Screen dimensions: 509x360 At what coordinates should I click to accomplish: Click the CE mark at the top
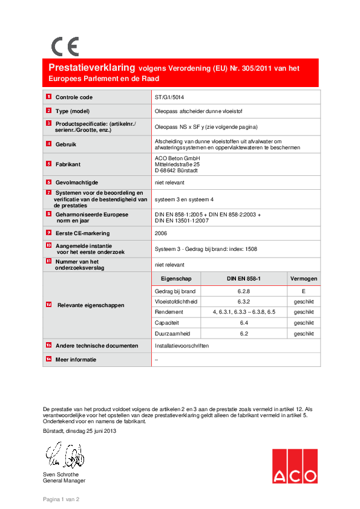pyautogui.click(x=65, y=47)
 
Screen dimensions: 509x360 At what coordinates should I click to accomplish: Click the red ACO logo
pyautogui.click(x=294, y=466)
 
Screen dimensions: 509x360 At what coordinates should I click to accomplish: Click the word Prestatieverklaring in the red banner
pyautogui.click(x=92, y=68)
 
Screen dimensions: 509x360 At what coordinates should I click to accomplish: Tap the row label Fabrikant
pyautogui.click(x=68, y=164)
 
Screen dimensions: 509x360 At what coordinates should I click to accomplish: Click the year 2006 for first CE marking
pyautogui.click(x=162, y=232)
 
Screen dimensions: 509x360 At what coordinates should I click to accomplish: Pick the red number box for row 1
pyautogui.click(x=48, y=97)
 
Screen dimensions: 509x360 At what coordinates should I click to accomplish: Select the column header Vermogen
pyautogui.click(x=304, y=279)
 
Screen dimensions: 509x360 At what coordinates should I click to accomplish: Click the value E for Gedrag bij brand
pyautogui.click(x=304, y=291)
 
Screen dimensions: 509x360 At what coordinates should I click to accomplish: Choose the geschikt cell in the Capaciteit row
pyautogui.click(x=304, y=323)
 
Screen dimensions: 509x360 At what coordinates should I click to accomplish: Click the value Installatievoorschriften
pyautogui.click(x=182, y=346)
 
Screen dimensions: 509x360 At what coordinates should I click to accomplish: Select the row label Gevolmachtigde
pyautogui.click(x=76, y=182)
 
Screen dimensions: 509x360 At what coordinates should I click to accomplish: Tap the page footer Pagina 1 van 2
pyautogui.click(x=61, y=499)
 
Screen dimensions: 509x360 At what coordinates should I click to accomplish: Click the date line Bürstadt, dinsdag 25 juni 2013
pyautogui.click(x=79, y=431)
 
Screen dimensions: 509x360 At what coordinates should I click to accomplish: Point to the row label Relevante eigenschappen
pyautogui.click(x=90, y=306)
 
